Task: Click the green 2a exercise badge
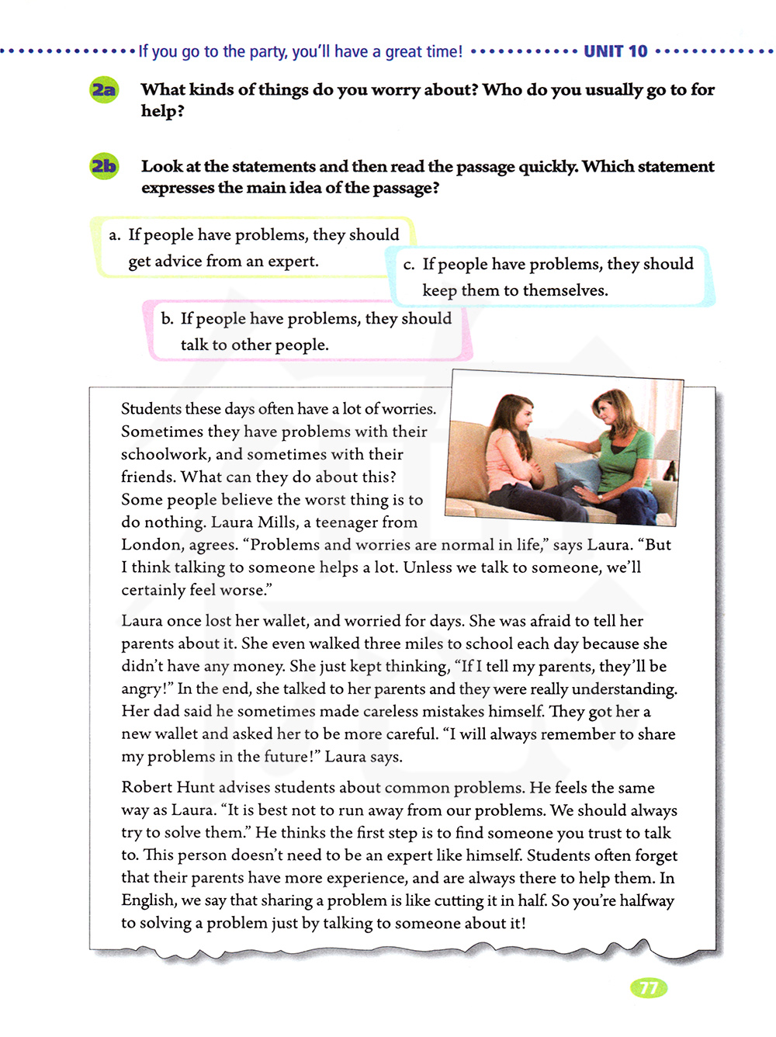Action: pos(103,90)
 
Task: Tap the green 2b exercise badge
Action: pos(103,167)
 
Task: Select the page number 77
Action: pos(649,988)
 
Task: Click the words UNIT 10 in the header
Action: pos(615,52)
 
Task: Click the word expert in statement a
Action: pos(293,262)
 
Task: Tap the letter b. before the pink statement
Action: pos(168,318)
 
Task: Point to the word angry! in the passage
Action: pos(146,689)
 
